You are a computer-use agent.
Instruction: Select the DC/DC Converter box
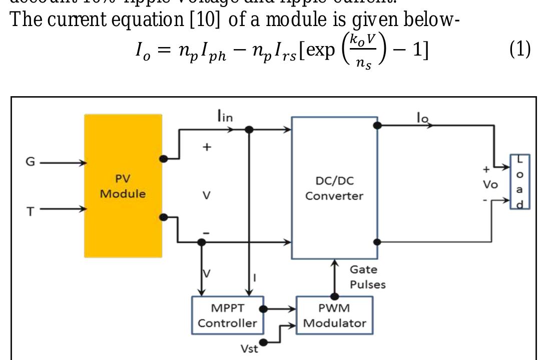coord(334,188)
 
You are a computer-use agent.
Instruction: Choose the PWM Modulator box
coord(334,315)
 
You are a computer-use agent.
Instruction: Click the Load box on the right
coord(520,182)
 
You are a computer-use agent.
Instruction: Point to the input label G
coord(31,163)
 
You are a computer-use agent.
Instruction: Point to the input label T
coord(31,211)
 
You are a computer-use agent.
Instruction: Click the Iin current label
coord(225,117)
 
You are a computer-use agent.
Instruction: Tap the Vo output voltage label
coord(490,184)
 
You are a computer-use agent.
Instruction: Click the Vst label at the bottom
coord(249,349)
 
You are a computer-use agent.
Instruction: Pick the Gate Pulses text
coord(368,277)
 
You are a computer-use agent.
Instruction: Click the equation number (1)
coord(520,51)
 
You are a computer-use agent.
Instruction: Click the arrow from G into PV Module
coord(63,163)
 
